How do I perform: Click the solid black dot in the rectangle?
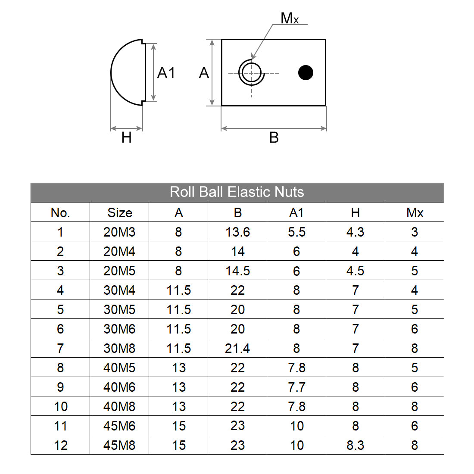[x=306, y=72]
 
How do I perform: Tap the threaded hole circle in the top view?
[x=251, y=73]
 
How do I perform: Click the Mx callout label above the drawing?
[x=289, y=19]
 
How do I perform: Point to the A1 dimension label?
[x=166, y=73]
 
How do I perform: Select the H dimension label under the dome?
[x=126, y=138]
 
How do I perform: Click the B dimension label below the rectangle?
[x=274, y=138]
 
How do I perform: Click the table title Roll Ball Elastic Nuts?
[x=237, y=192]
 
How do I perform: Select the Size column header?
[x=119, y=212]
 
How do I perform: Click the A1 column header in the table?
[x=296, y=212]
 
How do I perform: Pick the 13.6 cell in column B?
[x=237, y=232]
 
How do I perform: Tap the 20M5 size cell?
[x=119, y=271]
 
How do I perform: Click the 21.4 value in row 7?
[x=237, y=348]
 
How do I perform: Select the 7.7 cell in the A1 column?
[x=296, y=387]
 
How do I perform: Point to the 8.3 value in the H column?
[x=355, y=445]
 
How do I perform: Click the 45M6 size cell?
[x=119, y=426]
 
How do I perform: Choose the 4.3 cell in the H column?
[x=355, y=232]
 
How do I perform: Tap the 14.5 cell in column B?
[x=237, y=271]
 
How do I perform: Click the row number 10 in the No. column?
[x=60, y=406]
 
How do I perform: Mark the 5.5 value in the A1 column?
[x=296, y=232]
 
